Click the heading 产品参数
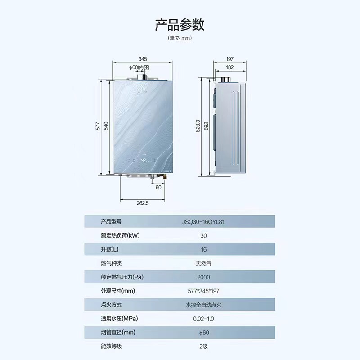click(180, 24)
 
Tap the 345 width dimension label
click(143, 59)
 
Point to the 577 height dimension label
click(98, 126)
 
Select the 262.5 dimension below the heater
click(143, 203)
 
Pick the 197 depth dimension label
click(229, 59)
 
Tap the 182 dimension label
click(229, 67)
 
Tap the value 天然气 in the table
click(204, 263)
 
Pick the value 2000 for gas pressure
click(203, 277)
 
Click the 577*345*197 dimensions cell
click(204, 291)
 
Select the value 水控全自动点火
click(204, 305)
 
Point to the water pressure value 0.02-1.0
click(204, 319)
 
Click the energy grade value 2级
click(204, 347)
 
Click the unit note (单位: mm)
click(180, 38)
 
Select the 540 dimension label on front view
click(107, 126)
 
